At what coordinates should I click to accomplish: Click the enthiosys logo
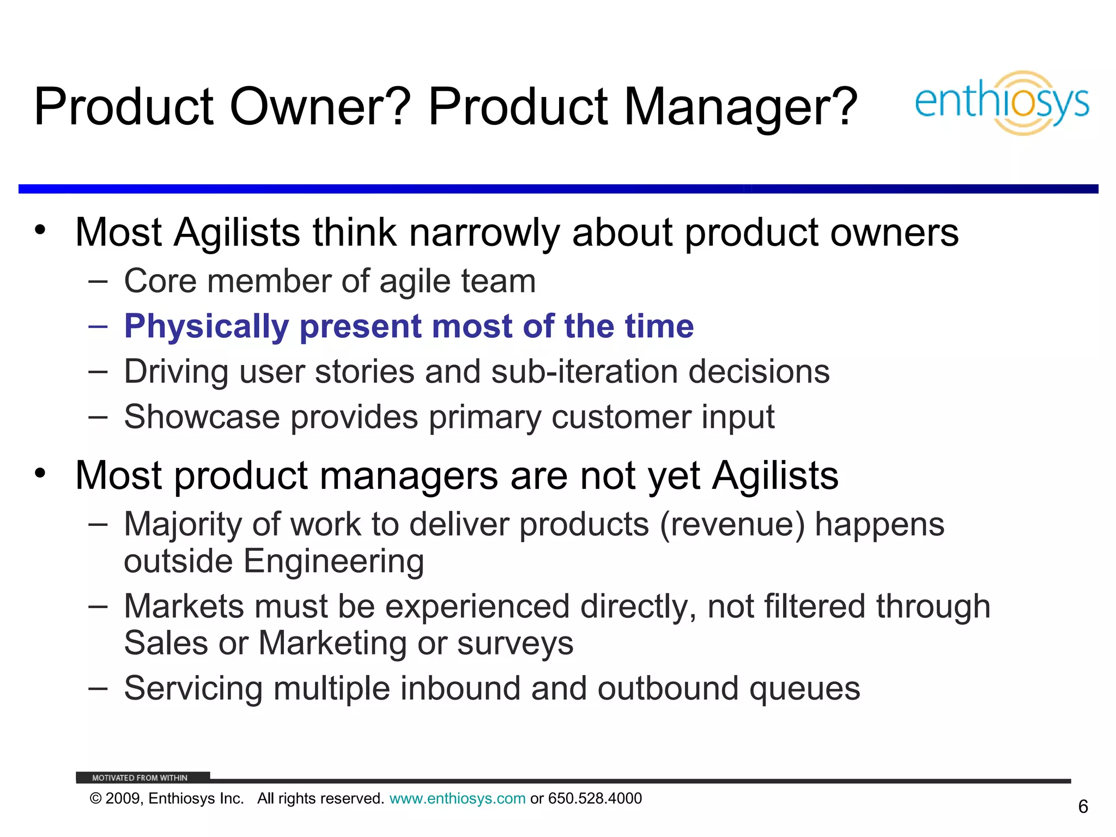[1002, 102]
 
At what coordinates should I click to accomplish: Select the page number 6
[1083, 806]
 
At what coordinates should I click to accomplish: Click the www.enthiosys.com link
[457, 798]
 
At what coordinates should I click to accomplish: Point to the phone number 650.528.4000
[595, 798]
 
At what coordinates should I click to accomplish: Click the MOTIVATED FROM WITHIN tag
[139, 778]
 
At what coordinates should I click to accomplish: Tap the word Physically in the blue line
[207, 326]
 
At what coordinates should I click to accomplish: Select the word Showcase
[202, 417]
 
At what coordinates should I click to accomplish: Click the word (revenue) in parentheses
[732, 524]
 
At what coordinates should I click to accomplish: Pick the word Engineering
[333, 561]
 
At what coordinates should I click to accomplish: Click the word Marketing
[332, 643]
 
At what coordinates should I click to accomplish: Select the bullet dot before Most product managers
[40, 473]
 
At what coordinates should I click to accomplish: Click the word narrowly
[484, 233]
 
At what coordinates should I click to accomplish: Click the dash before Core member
[98, 281]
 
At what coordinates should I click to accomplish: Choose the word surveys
[515, 643]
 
